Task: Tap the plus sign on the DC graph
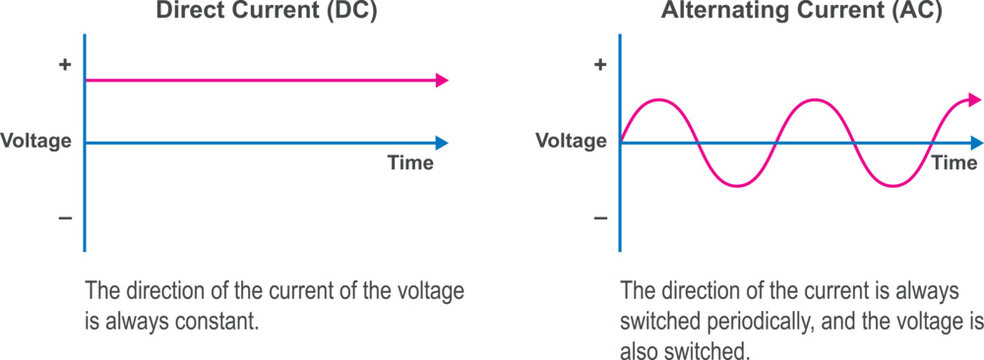click(x=65, y=65)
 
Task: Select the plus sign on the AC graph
click(x=600, y=65)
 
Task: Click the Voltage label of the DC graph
click(x=36, y=141)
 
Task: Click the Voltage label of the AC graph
click(x=571, y=141)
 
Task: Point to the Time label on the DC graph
click(x=410, y=163)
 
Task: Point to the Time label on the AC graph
click(x=954, y=163)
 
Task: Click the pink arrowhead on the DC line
click(x=441, y=80)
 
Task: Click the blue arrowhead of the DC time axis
click(x=441, y=142)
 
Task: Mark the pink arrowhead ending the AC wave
click(x=975, y=99)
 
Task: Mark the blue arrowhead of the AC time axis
click(x=975, y=142)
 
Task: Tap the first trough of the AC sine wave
click(x=737, y=185)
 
